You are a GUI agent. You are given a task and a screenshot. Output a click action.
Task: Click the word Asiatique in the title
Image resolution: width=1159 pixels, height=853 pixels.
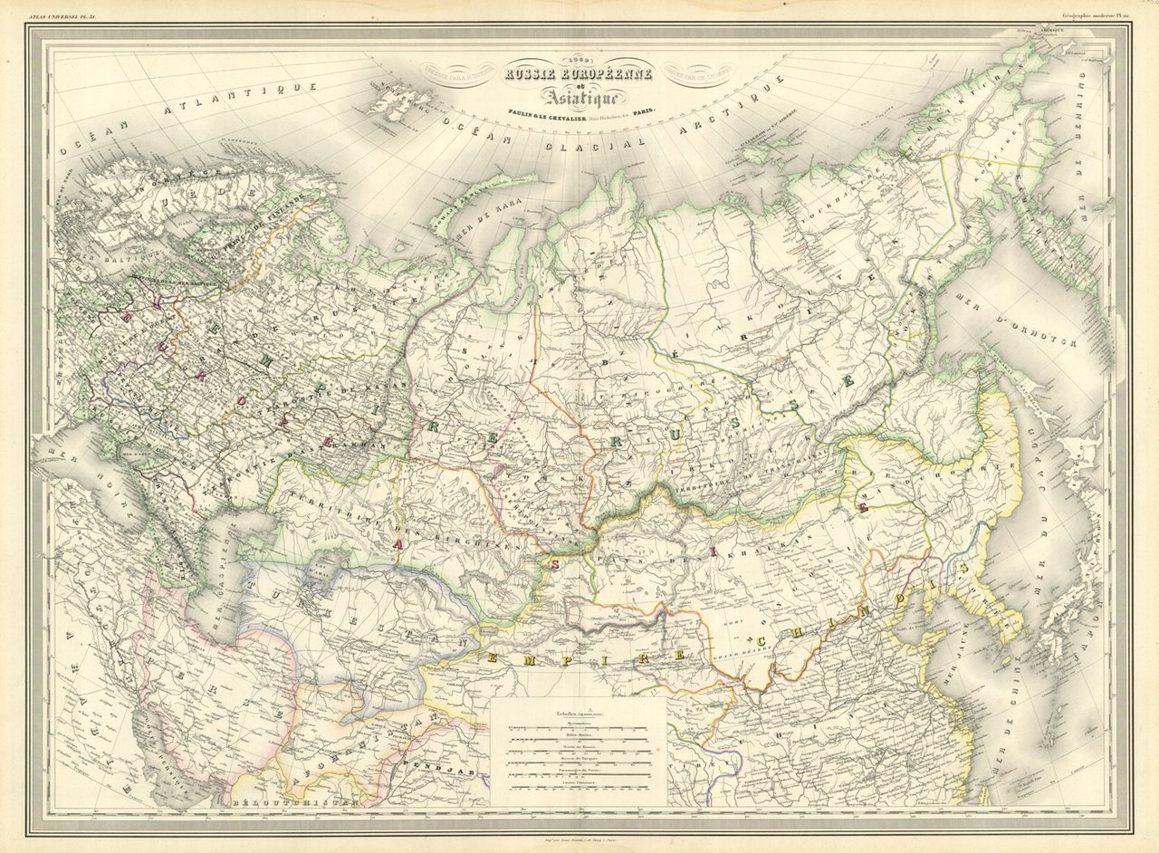(579, 94)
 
